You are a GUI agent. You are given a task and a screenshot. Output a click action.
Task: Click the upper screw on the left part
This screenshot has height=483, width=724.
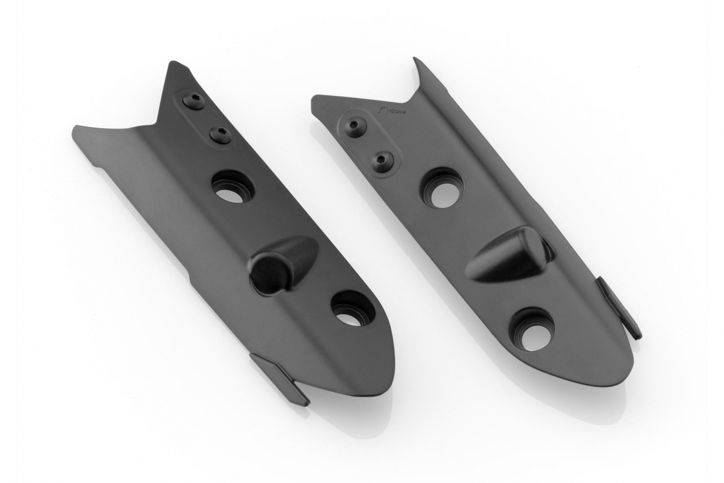point(193,101)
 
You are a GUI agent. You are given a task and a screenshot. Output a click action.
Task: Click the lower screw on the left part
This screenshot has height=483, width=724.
point(220,134)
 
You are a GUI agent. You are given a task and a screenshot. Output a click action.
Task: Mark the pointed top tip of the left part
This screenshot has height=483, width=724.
point(174,64)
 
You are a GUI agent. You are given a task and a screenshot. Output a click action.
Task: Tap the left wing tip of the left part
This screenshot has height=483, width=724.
point(76,130)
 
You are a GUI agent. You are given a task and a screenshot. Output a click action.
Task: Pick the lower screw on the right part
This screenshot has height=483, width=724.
point(381,161)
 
